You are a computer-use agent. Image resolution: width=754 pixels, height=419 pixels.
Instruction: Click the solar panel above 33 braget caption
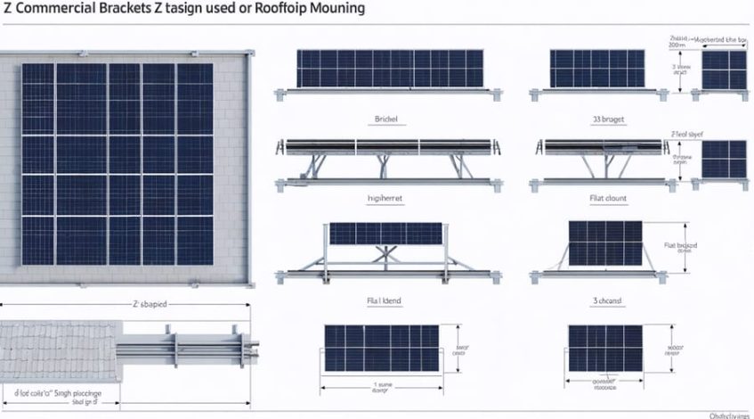585,68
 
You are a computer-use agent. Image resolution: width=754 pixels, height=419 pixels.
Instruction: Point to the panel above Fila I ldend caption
380,349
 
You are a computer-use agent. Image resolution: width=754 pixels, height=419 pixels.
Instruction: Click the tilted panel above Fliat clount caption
604,242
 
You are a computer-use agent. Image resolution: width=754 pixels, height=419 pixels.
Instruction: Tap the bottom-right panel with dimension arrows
604,349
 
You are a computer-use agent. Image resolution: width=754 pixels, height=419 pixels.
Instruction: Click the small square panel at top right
724,70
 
